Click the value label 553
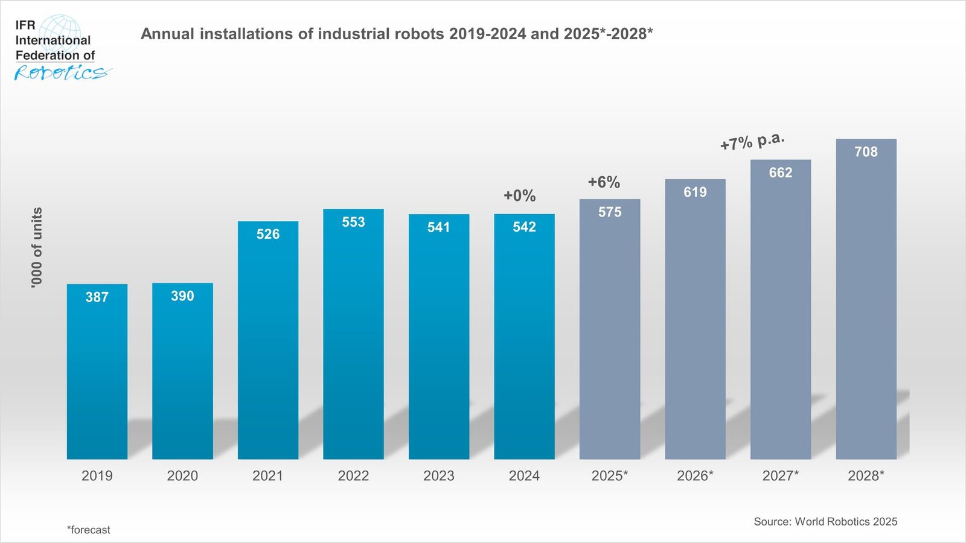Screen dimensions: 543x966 click(x=353, y=222)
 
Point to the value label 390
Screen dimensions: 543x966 click(x=182, y=296)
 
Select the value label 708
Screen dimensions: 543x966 click(x=866, y=152)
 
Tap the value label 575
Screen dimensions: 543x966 click(x=610, y=212)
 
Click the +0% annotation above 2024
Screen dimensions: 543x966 click(x=520, y=195)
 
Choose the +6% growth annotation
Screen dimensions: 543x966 click(x=604, y=182)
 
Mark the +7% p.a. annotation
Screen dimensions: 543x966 click(x=752, y=142)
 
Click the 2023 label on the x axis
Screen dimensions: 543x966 click(x=439, y=476)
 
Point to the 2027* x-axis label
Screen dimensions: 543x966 click(x=780, y=476)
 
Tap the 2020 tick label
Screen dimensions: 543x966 click(x=182, y=476)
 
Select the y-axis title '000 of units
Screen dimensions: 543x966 click(x=37, y=247)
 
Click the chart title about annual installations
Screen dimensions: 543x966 click(x=397, y=34)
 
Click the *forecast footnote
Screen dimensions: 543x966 click(x=89, y=530)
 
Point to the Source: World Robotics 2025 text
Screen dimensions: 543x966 click(x=825, y=522)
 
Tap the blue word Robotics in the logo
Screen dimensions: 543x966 click(x=60, y=73)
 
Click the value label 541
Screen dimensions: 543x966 click(x=439, y=227)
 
